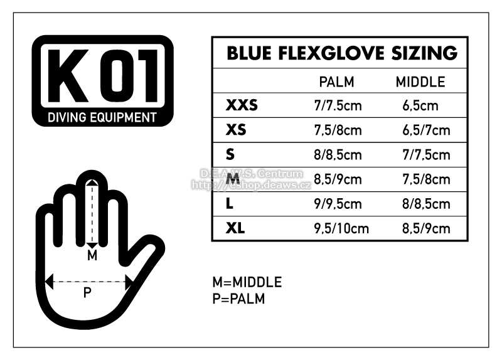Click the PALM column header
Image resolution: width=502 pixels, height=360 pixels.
click(336, 82)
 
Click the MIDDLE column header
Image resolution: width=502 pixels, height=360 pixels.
click(420, 82)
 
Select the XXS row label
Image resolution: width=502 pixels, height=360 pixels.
click(242, 105)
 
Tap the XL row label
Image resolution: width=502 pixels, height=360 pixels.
click(235, 228)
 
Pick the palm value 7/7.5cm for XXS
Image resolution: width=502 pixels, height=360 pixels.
click(338, 105)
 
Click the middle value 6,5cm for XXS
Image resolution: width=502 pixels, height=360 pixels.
click(420, 105)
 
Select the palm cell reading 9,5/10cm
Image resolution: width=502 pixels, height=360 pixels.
click(341, 228)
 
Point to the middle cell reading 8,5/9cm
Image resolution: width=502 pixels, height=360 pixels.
click(426, 228)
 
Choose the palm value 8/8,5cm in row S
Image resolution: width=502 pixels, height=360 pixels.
click(338, 155)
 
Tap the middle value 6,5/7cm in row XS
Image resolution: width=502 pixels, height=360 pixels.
click(426, 130)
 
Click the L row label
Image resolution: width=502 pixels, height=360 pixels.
click(229, 204)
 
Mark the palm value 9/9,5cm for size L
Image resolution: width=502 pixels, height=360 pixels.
click(338, 204)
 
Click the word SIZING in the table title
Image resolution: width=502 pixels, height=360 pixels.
click(425, 53)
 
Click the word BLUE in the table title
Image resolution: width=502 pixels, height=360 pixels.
click(249, 53)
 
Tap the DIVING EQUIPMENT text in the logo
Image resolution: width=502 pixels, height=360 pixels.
click(102, 117)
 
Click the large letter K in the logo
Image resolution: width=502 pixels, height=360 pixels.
click(68, 76)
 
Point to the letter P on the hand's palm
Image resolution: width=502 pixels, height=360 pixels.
click(87, 292)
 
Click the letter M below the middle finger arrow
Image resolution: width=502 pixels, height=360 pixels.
click(92, 255)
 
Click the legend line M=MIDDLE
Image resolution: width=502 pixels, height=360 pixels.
click(247, 282)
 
